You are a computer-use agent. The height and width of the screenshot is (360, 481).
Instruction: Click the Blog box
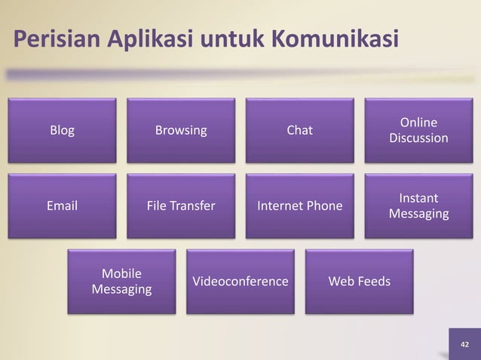(62, 130)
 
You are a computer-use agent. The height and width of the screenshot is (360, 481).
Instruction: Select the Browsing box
(181, 130)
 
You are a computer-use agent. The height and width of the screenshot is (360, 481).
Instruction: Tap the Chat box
(299, 130)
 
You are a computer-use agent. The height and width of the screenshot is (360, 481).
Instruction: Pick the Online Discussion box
(418, 130)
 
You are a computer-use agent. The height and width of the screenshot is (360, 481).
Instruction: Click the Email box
(62, 206)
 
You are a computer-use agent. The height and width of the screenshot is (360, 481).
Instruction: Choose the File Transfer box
(181, 206)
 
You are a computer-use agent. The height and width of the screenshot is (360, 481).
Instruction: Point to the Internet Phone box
(299, 206)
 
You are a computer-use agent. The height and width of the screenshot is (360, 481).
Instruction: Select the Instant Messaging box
(418, 206)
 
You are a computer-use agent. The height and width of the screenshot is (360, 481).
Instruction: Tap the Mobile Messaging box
(121, 281)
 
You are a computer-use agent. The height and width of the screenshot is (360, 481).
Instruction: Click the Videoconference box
(240, 281)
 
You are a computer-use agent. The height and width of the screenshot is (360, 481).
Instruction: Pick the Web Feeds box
(359, 281)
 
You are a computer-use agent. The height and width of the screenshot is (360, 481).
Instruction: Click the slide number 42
(464, 343)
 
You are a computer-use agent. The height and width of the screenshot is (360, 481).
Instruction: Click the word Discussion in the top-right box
(418, 139)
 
